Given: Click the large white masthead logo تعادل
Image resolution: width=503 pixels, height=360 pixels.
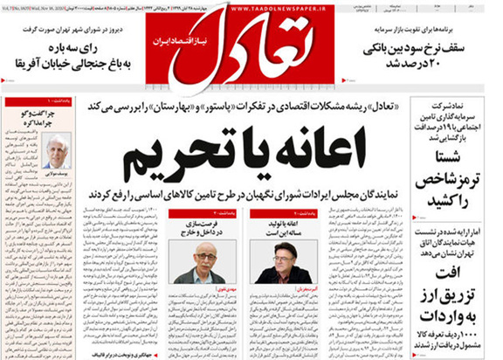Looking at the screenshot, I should pyautogui.click(x=246, y=48).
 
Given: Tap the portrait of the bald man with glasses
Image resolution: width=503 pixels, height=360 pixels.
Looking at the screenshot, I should pyautogui.click(x=196, y=260).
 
